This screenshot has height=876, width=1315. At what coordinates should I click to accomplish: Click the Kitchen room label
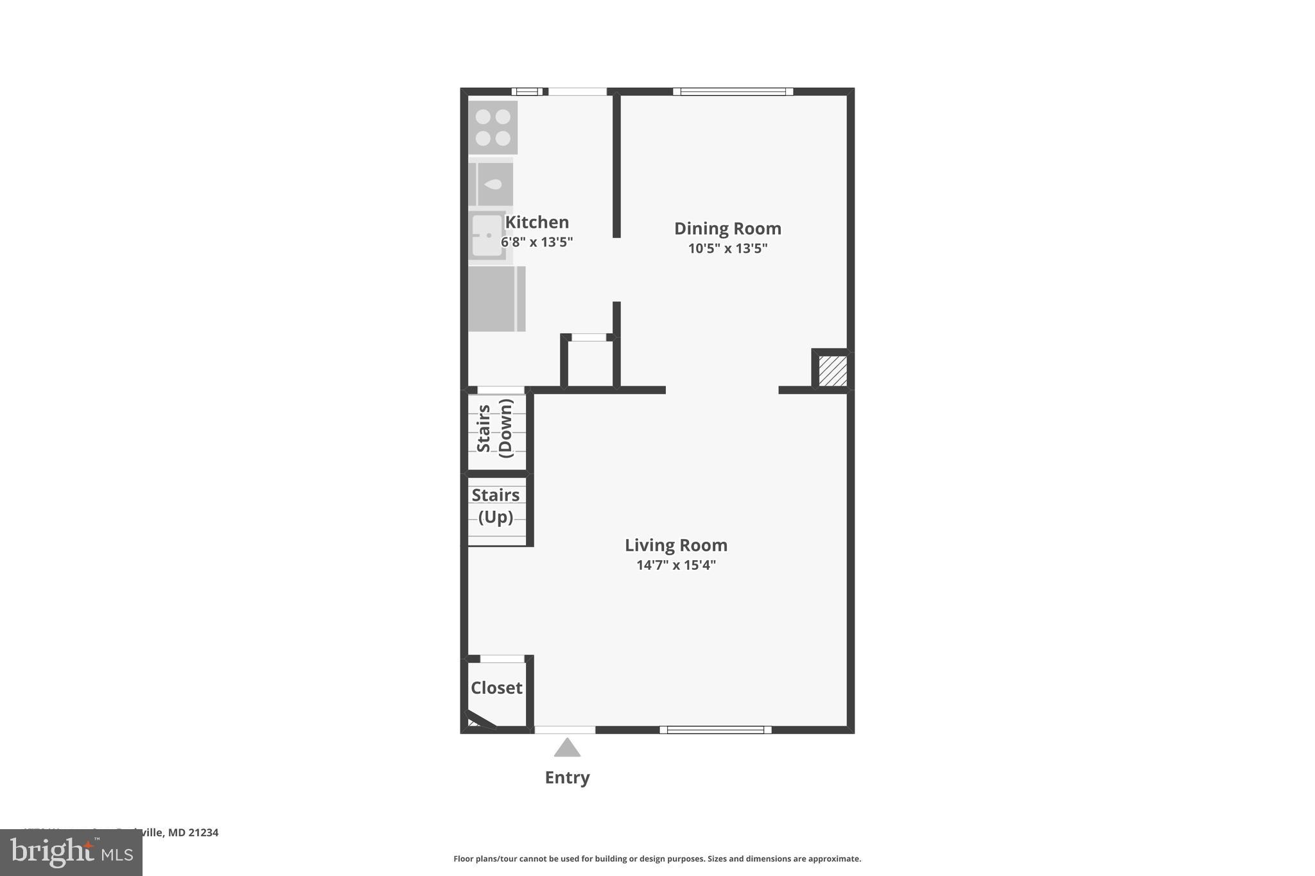click(x=537, y=222)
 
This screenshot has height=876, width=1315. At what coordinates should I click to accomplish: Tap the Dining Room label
click(x=727, y=228)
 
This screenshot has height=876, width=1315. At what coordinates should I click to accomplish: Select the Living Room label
click(x=676, y=545)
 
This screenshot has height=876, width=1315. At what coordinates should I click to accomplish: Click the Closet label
click(x=496, y=688)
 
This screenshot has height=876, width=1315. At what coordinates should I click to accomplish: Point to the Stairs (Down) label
click(x=495, y=428)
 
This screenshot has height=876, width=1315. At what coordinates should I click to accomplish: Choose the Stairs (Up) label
click(x=496, y=506)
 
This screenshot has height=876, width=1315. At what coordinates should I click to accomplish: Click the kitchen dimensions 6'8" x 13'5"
click(x=537, y=242)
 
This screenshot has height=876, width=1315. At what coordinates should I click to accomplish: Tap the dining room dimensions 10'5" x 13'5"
click(x=727, y=248)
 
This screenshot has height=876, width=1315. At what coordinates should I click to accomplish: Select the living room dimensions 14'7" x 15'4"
click(x=676, y=565)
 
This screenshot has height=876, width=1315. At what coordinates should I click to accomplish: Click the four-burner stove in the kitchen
click(x=493, y=127)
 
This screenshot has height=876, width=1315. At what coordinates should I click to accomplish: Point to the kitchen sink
click(x=487, y=236)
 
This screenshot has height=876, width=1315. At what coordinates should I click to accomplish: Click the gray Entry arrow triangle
click(x=567, y=748)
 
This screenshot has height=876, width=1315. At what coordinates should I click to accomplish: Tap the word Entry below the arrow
click(x=567, y=778)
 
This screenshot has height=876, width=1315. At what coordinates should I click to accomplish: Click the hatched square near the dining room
click(x=833, y=371)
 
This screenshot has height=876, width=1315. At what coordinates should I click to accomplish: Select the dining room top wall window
click(x=733, y=92)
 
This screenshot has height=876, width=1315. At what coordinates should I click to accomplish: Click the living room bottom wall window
click(x=715, y=730)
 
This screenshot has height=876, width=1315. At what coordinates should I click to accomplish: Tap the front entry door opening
click(x=565, y=730)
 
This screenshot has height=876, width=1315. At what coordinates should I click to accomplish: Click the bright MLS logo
click(x=71, y=852)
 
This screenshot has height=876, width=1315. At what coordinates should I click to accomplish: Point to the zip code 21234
click(x=204, y=832)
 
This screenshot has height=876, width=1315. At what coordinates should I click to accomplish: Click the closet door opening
click(x=502, y=659)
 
